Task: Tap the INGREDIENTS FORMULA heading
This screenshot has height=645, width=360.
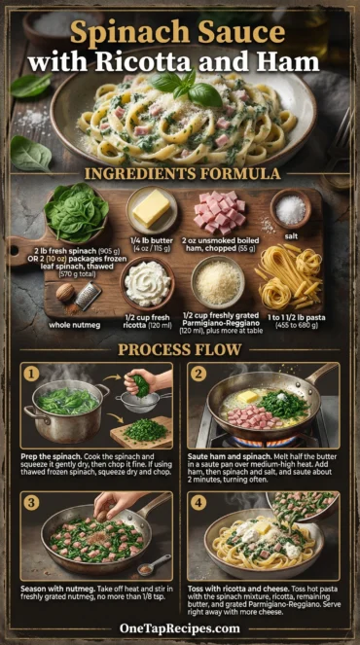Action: click(180, 174)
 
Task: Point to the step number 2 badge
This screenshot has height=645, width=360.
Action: click(198, 373)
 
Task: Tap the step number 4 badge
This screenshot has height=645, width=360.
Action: click(198, 502)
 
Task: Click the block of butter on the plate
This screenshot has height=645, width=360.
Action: click(152, 207)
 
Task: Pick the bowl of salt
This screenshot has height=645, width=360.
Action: click(291, 208)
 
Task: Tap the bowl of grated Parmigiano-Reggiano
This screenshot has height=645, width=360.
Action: click(218, 282)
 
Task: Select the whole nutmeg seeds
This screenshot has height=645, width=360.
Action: click(66, 291)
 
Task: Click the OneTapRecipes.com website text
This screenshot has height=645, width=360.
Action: click(180, 628)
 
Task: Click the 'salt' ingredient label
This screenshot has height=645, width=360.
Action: click(291, 235)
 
